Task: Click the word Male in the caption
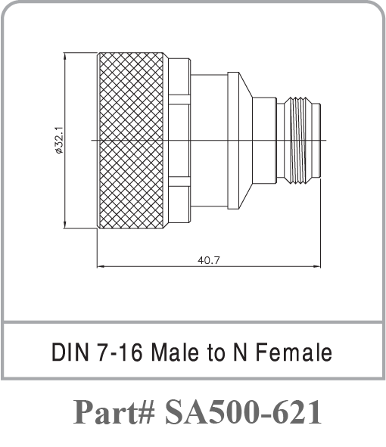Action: (173, 352)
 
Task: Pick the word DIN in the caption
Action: (67, 352)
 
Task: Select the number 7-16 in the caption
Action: (117, 352)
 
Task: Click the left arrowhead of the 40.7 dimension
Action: (101, 265)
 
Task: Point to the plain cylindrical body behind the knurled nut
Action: (209, 140)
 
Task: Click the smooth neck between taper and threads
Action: (264, 140)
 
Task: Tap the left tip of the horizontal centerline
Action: (92, 141)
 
